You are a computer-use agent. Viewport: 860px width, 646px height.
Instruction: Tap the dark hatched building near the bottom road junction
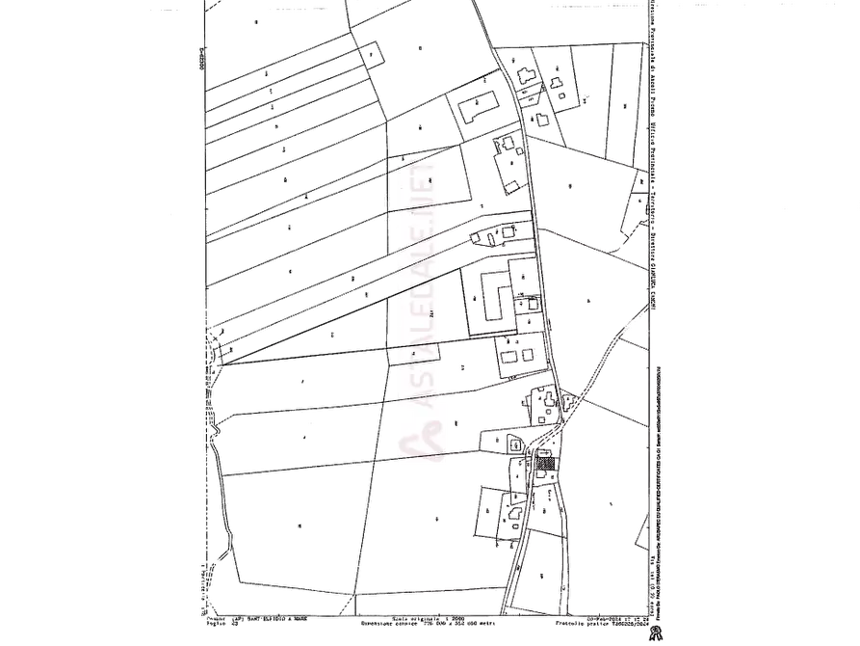coord(544,464)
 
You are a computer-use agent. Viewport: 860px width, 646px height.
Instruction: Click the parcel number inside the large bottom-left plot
coord(300,525)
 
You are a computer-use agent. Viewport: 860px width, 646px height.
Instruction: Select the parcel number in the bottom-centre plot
coord(438,519)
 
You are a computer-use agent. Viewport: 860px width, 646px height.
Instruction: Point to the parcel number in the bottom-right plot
coord(612,503)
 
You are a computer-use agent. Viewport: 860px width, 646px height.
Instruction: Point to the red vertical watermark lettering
coord(421,289)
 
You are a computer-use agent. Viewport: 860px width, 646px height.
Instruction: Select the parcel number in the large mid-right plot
coord(588,301)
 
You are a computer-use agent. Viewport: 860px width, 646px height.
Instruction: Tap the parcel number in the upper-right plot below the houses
coord(571,183)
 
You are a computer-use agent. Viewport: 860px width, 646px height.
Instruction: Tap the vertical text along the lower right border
coord(662,395)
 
